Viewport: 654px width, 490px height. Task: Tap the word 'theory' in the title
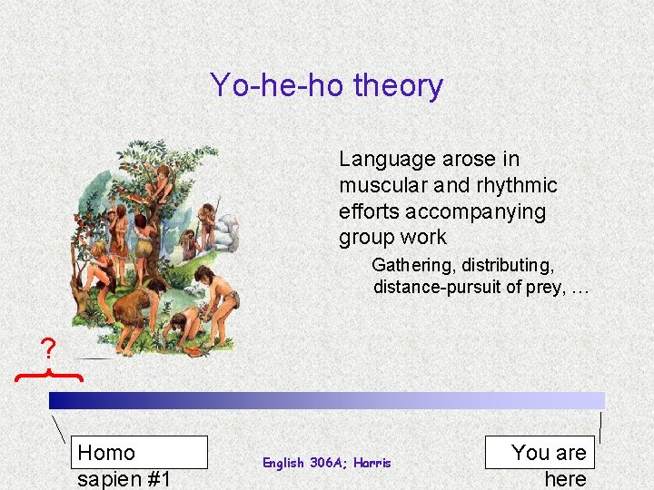pyautogui.click(x=398, y=85)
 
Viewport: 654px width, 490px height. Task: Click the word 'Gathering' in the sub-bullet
pyautogui.click(x=413, y=266)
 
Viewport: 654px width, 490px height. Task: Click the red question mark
pyautogui.click(x=48, y=348)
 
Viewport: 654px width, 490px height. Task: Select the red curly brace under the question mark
pyautogui.click(x=49, y=374)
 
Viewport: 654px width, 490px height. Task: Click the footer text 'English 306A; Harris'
pyautogui.click(x=326, y=463)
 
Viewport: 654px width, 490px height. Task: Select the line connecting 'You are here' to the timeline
pyautogui.click(x=600, y=427)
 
